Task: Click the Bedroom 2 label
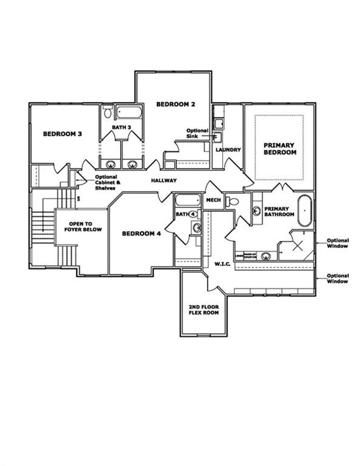click(175, 104)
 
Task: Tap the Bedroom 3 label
click(62, 134)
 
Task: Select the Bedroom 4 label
click(141, 234)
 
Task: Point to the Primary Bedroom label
click(280, 149)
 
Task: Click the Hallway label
click(164, 181)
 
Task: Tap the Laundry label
click(228, 150)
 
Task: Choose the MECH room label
click(213, 200)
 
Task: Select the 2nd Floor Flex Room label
click(204, 310)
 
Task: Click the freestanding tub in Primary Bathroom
click(305, 211)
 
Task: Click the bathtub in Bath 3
click(129, 112)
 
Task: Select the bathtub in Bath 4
click(187, 200)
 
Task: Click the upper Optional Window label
click(337, 243)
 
